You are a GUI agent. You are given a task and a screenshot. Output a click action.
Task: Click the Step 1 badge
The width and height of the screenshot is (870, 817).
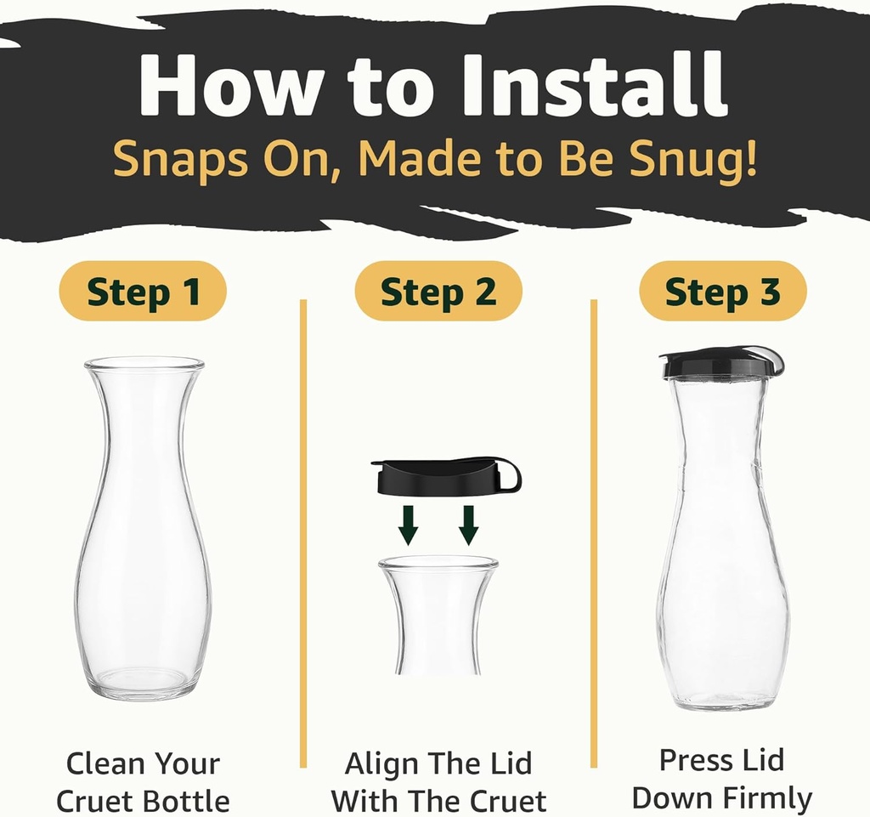click(x=143, y=292)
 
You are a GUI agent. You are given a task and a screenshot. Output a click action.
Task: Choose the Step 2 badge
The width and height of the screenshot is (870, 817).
click(x=438, y=292)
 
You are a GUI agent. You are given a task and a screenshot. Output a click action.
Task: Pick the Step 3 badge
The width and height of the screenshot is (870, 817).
click(x=722, y=292)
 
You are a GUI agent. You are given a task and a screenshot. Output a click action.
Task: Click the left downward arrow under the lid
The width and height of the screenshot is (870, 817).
click(x=409, y=524)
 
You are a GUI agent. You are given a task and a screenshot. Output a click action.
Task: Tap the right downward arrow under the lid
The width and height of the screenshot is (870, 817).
click(x=468, y=524)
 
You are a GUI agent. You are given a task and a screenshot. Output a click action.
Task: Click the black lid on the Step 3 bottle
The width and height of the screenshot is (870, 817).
click(x=718, y=363)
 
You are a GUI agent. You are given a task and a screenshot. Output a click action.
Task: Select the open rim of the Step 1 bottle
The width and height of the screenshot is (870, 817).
click(x=144, y=364)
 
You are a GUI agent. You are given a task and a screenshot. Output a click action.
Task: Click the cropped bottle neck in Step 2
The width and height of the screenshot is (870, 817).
click(x=438, y=616)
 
